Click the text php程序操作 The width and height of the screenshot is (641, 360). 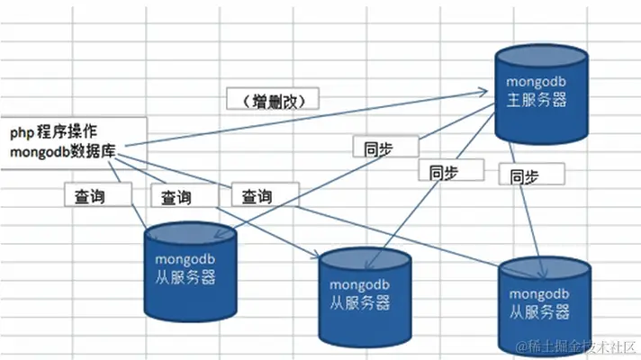coord(55,131)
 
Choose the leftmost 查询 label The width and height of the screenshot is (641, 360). coord(98,193)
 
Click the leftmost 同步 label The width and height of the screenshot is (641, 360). coord(384,148)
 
